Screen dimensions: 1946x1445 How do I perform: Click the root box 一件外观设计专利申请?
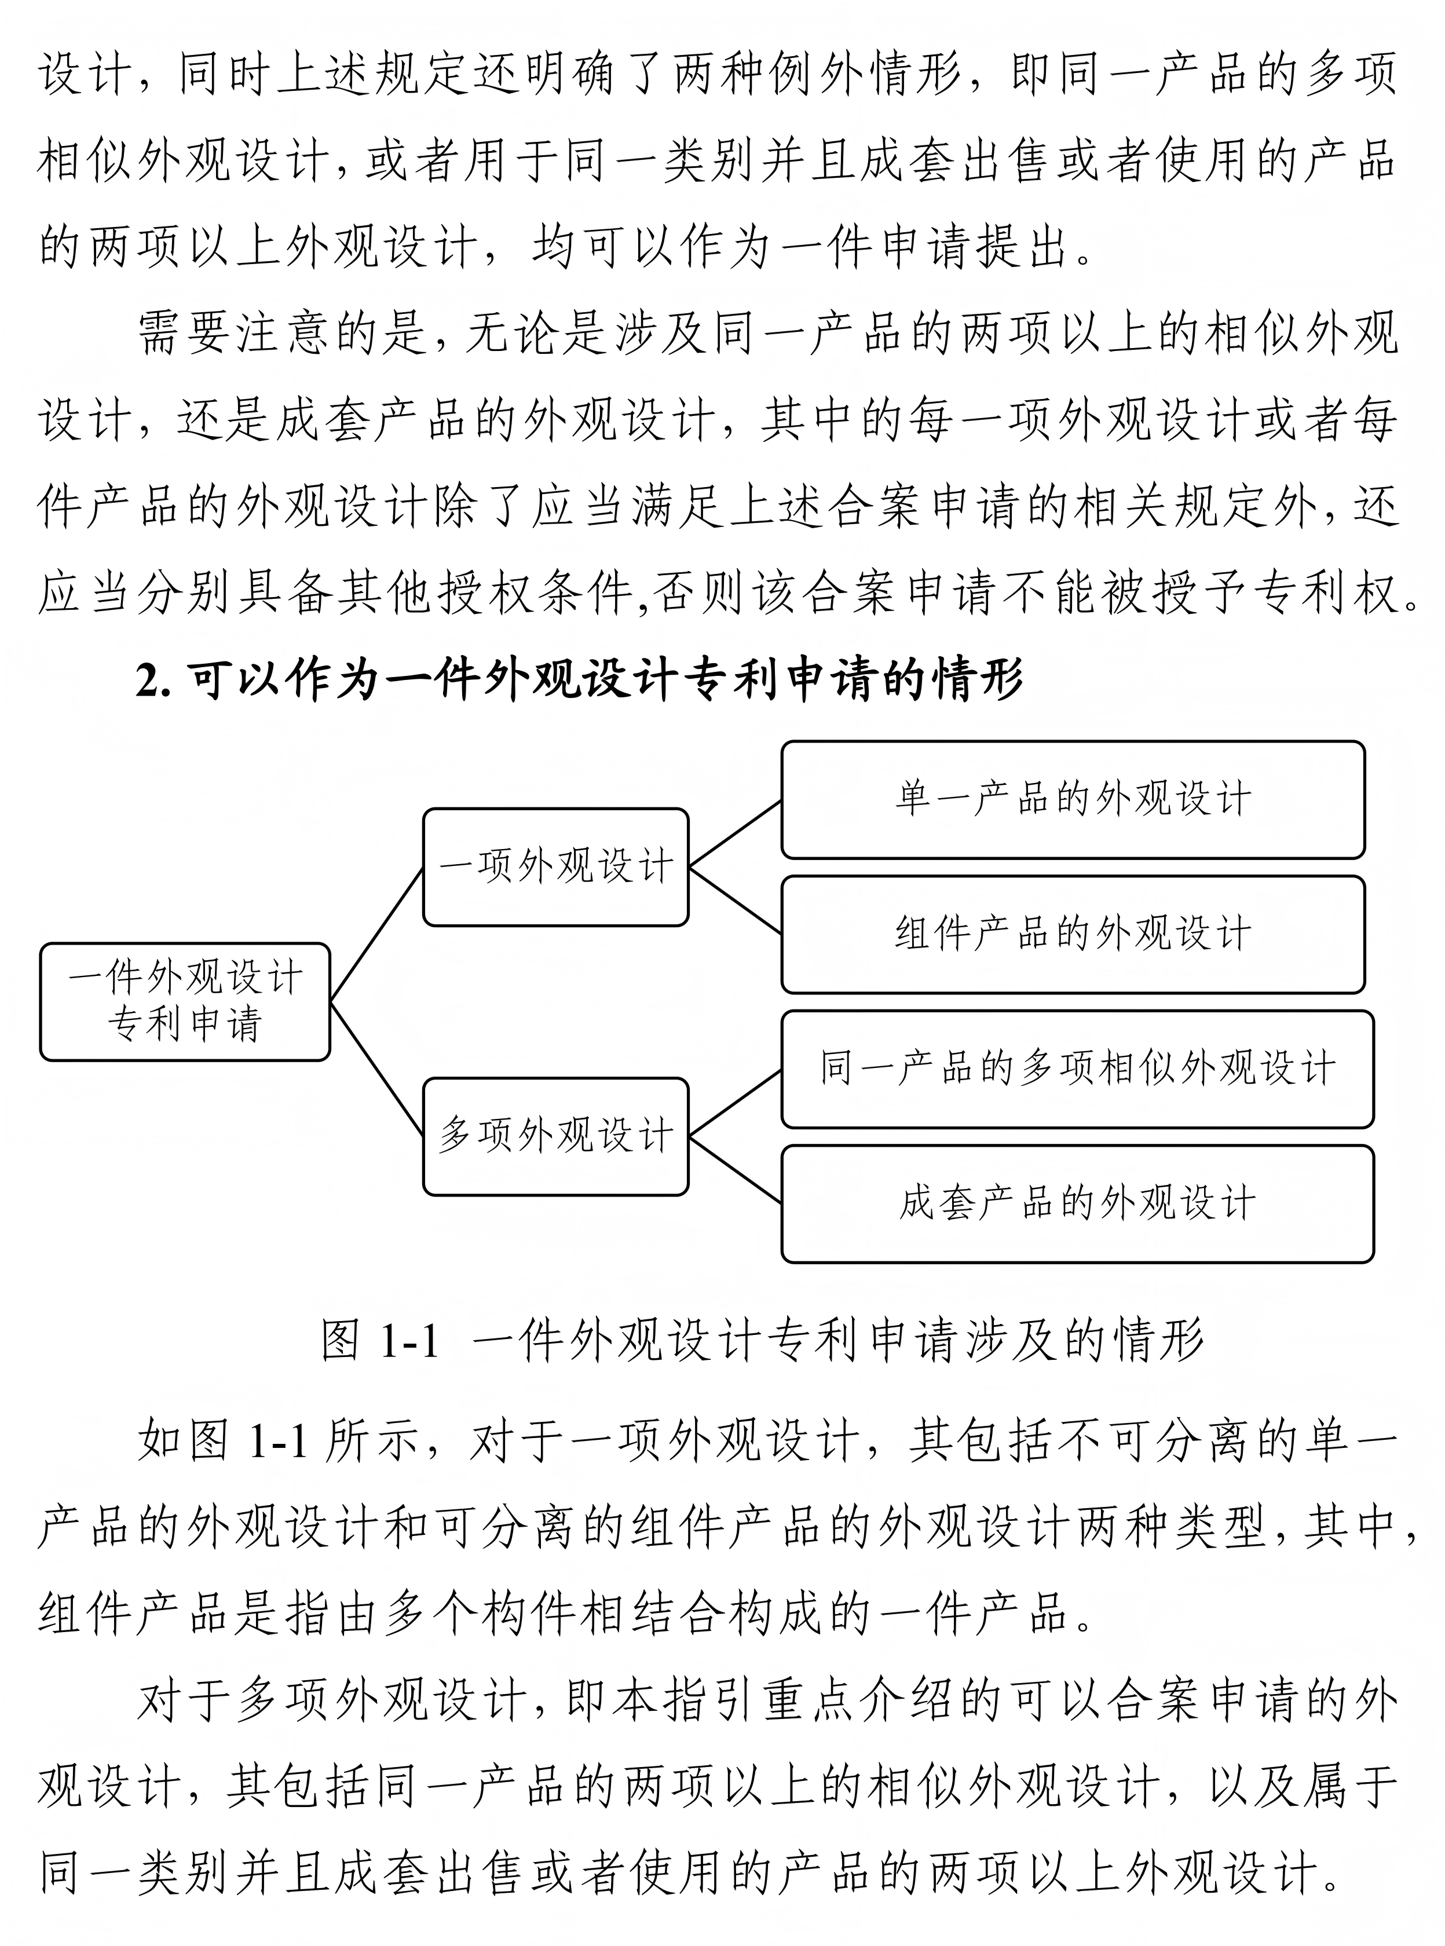(185, 1001)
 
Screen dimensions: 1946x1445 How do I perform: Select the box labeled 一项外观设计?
(555, 867)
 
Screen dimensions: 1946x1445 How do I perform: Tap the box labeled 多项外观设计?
(555, 1136)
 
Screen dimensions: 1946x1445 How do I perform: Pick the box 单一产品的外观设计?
(1073, 799)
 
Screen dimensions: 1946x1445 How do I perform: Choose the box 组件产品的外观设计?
(1073, 934)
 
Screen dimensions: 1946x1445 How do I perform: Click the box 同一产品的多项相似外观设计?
(1077, 1069)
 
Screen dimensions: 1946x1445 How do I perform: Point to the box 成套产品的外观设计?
(1077, 1204)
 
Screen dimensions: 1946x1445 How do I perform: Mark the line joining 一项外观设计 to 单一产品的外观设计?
(735, 833)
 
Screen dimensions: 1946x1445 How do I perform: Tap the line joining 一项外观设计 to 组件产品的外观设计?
(735, 901)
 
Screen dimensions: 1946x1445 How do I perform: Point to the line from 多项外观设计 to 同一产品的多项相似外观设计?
(735, 1102)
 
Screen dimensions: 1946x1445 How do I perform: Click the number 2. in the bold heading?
(152, 681)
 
